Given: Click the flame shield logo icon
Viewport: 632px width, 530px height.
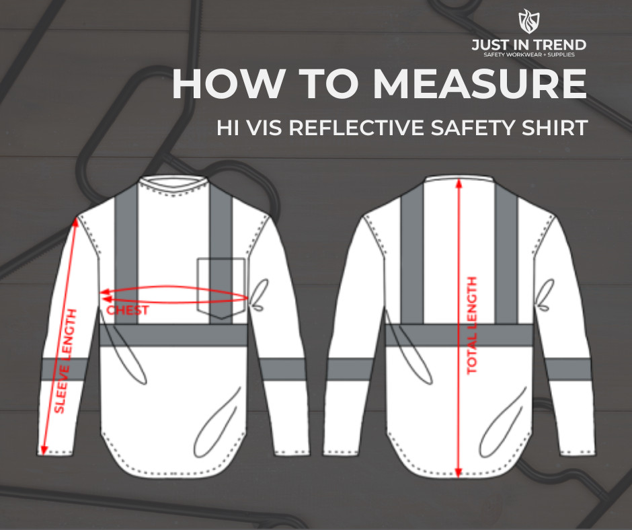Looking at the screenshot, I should (528, 22).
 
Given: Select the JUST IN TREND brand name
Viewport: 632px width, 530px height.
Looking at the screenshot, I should (528, 44).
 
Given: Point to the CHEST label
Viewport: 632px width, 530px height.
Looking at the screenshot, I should (128, 311).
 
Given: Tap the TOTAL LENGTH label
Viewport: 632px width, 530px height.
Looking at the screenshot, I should (472, 326).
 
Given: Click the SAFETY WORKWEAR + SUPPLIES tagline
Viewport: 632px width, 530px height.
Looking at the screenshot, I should (528, 54).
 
